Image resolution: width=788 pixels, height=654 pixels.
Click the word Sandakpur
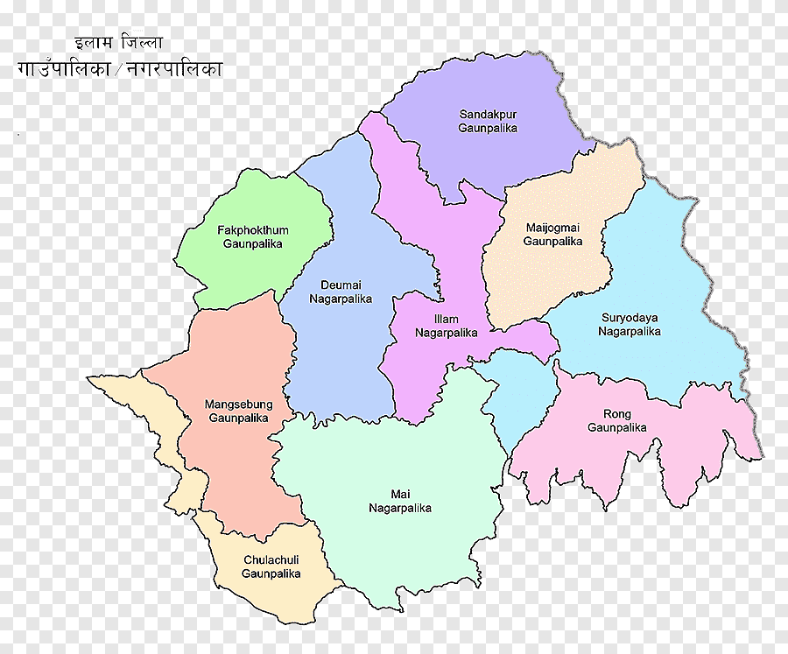point(488,114)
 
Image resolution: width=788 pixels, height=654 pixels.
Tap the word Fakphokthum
point(253,230)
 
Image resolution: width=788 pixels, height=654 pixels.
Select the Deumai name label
point(341,285)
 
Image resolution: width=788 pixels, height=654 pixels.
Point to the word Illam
point(446,320)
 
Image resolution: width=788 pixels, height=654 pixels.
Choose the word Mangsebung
point(239,404)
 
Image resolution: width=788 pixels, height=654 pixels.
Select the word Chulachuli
point(271,560)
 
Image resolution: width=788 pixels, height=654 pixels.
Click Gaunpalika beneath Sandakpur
point(488,128)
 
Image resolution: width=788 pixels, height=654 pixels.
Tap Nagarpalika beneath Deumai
point(341,299)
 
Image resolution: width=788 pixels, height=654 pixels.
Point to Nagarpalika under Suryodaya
point(630,332)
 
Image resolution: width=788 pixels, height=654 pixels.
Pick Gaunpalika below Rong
point(617,428)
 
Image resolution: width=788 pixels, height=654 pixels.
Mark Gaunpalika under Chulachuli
point(271,574)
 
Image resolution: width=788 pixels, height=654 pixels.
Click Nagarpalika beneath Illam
point(446,333)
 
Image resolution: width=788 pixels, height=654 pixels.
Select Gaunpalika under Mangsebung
point(239,418)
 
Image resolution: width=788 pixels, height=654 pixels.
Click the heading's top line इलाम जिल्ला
point(118,42)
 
